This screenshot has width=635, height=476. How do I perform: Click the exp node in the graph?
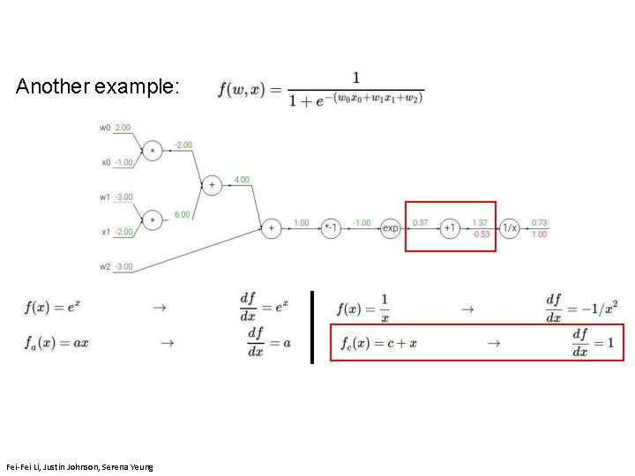(x=391, y=228)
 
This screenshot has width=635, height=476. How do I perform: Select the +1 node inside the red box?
(x=449, y=228)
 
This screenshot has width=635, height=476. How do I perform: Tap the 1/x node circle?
(x=510, y=228)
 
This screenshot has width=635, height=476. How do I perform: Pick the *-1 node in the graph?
(x=331, y=228)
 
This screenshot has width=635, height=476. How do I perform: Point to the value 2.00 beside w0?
(x=123, y=128)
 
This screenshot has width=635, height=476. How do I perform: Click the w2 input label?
(x=105, y=265)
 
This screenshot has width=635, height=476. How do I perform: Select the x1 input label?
(x=105, y=232)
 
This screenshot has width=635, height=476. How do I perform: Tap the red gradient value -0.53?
(x=481, y=234)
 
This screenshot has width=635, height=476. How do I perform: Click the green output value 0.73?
(x=539, y=223)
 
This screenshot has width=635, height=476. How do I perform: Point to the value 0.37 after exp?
(x=421, y=223)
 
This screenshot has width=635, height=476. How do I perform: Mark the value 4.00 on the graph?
(x=242, y=180)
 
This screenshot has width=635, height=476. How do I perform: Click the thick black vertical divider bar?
(x=312, y=327)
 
